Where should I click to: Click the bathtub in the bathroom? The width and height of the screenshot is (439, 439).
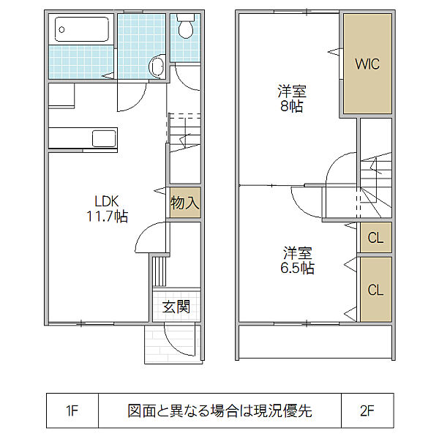pyautogui.click(x=81, y=29)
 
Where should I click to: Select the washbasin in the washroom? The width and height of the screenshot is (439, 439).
pyautogui.click(x=157, y=66)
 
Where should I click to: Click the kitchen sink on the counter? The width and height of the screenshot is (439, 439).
pyautogui.click(x=104, y=138)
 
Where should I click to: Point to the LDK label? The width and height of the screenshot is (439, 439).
pyautogui.click(x=107, y=201)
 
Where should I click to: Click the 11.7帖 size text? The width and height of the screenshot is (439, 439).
pyautogui.click(x=108, y=216)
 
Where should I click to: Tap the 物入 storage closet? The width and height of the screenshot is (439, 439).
pyautogui.click(x=185, y=203)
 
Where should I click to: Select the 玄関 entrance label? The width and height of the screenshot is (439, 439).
pyautogui.click(x=176, y=307)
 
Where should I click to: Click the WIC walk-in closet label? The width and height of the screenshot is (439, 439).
pyautogui.click(x=367, y=64)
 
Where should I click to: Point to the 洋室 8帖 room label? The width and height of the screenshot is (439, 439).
pyautogui.click(x=292, y=99)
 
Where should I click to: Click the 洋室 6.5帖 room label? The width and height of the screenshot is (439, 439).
pyautogui.click(x=297, y=260)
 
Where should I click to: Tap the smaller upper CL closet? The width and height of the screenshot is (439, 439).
pyautogui.click(x=376, y=237)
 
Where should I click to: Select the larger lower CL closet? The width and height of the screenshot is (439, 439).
pyautogui.click(x=376, y=290)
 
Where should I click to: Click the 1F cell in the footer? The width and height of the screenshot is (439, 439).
pyautogui.click(x=72, y=410)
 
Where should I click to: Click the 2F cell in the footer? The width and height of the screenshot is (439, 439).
pyautogui.click(x=367, y=410)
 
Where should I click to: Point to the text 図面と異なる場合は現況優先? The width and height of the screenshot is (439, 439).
pyautogui.click(x=219, y=410)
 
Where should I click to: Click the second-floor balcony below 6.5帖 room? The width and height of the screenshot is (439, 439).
pyautogui.click(x=315, y=342)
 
